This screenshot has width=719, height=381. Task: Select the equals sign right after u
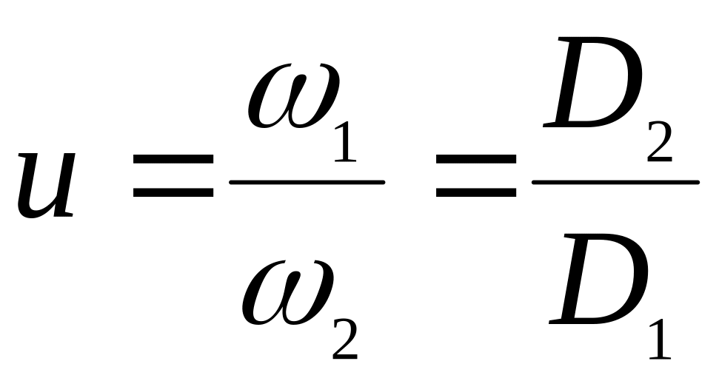point(173,181)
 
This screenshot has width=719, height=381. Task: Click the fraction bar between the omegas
point(307,181)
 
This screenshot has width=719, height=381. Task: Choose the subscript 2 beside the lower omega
point(344,337)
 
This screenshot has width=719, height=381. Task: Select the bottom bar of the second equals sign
point(475,194)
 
